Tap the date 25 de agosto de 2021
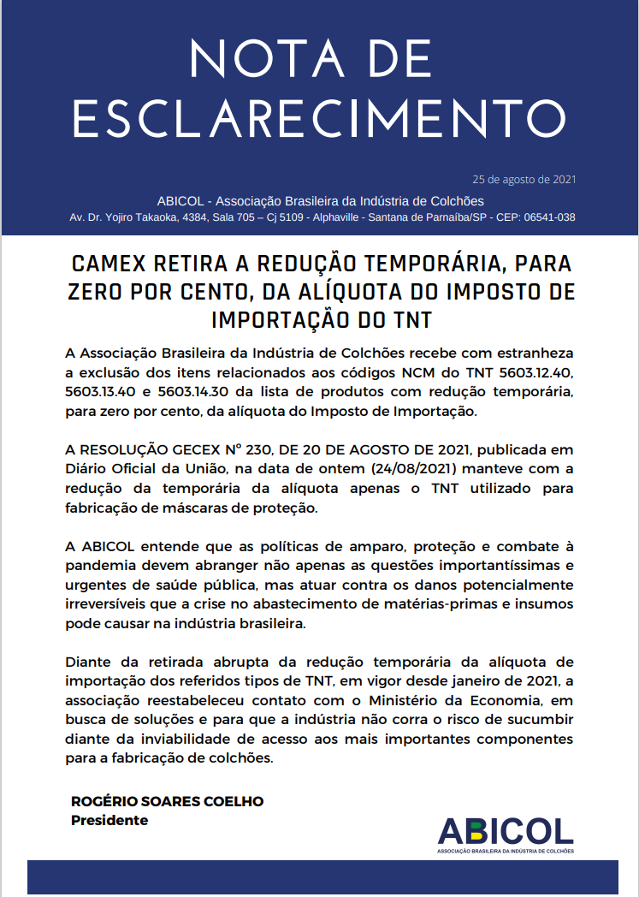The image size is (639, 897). coord(524,180)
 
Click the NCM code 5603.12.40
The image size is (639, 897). coord(530,373)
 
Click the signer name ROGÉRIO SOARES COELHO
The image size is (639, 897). coord(167,801)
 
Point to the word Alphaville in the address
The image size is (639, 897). coord(327,217)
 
